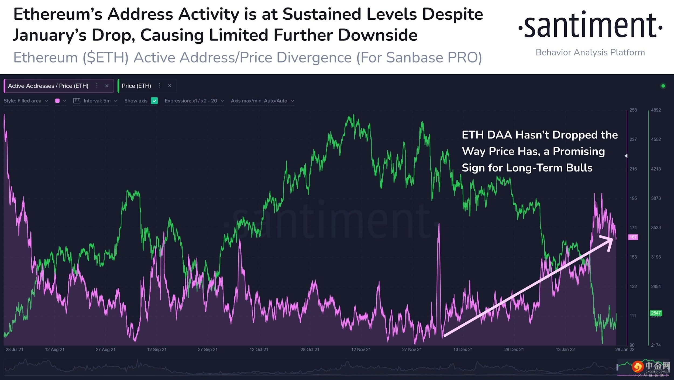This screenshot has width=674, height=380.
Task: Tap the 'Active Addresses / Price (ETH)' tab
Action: point(48,86)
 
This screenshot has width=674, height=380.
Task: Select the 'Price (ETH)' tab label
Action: point(136,86)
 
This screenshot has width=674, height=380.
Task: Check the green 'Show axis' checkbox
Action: point(154,101)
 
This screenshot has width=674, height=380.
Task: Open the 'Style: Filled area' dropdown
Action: point(26,101)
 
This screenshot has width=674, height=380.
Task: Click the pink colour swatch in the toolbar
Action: point(57,101)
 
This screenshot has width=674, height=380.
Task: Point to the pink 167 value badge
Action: point(633,237)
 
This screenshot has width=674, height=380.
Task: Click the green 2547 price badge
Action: point(656,313)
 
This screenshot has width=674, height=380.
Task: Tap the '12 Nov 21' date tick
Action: point(361,350)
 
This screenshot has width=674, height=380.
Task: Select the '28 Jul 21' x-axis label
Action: point(14,350)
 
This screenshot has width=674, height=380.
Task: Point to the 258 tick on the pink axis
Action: point(633,110)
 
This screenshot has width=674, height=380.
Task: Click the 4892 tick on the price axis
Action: point(656,110)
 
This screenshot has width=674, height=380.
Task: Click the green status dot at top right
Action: point(663,86)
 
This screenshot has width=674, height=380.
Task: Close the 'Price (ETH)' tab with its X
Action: point(170,86)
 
